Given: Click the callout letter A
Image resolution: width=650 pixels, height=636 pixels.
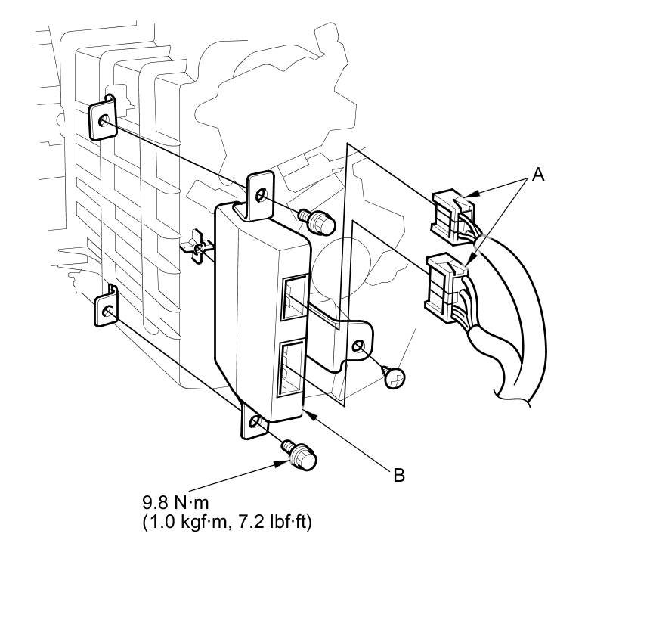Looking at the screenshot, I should [537, 175].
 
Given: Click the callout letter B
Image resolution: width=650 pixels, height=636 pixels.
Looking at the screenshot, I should [399, 475].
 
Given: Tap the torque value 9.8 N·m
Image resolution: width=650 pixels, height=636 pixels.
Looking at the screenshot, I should [180, 501].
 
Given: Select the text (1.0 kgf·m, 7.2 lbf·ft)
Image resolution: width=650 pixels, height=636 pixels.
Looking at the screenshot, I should [227, 521].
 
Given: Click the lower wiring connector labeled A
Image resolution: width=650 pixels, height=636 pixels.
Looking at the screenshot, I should [447, 287].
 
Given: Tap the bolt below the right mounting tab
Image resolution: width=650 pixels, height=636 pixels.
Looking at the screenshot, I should [395, 377].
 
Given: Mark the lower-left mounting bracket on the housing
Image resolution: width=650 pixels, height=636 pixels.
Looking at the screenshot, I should [106, 309].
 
